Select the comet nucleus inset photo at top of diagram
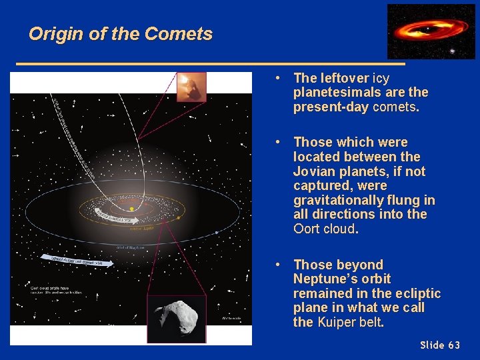pyautogui.click(x=191, y=87)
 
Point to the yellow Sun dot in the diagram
pyautogui.click(x=132, y=209)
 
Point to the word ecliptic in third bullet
pyautogui.click(x=417, y=293)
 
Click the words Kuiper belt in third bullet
pyautogui.click(x=350, y=323)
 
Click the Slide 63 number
pyautogui.click(x=440, y=345)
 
